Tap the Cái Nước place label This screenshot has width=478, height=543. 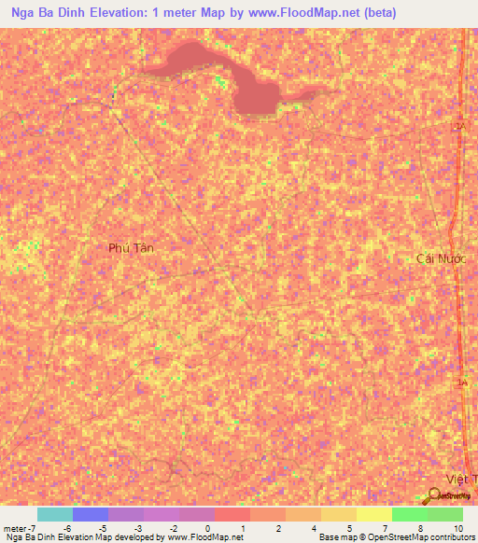[439, 257]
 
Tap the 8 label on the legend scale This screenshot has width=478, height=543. [424, 527]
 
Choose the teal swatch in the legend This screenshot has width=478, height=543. [55, 514]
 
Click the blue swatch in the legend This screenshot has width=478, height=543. [91, 514]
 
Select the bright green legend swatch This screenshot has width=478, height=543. [409, 514]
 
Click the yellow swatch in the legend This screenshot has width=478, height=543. [373, 514]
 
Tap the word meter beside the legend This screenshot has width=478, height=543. [16, 527]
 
